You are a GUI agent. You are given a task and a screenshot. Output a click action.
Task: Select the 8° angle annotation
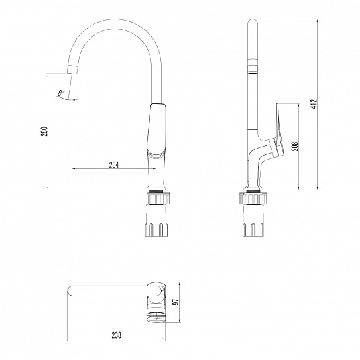(x=62, y=95)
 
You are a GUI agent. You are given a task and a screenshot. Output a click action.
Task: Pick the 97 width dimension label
(x=175, y=302)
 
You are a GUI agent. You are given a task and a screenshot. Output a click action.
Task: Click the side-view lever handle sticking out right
(x=284, y=129)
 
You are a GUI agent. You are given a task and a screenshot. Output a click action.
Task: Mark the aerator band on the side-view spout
(x=253, y=66)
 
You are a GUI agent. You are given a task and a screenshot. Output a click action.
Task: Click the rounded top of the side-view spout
(x=253, y=24)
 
